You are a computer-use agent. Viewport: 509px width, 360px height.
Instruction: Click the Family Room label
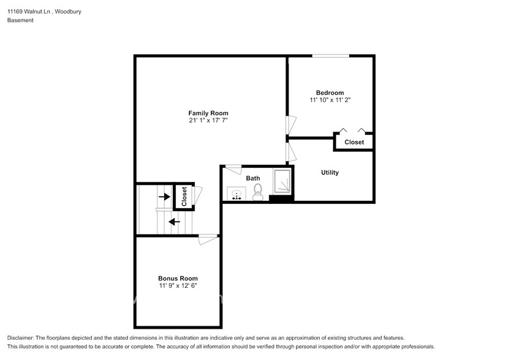[208, 113]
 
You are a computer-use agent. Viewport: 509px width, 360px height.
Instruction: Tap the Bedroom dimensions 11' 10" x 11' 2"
[330, 99]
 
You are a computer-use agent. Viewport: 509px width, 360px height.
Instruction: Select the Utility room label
[330, 173]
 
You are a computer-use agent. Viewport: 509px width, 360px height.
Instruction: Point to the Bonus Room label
[178, 278]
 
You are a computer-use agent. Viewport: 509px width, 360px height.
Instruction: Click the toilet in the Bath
[258, 192]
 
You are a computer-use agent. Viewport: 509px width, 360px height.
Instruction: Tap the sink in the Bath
[236, 194]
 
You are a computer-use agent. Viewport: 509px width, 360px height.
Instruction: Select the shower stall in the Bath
[282, 182]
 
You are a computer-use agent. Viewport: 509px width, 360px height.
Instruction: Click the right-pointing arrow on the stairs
[164, 197]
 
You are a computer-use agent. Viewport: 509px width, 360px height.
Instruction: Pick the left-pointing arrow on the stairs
[175, 222]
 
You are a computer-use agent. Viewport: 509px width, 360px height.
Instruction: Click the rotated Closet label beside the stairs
[184, 196]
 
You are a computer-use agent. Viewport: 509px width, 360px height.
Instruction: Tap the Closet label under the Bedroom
[354, 142]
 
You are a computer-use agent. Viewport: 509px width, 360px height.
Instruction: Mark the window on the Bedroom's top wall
[330, 56]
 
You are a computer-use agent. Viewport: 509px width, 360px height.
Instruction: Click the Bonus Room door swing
[208, 239]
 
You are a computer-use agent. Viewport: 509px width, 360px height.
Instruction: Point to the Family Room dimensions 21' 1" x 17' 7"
[208, 121]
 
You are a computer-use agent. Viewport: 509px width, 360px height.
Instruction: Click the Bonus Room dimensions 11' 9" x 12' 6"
[178, 285]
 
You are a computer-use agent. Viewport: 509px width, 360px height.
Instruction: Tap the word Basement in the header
[20, 20]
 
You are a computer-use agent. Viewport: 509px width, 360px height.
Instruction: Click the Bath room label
[253, 178]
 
